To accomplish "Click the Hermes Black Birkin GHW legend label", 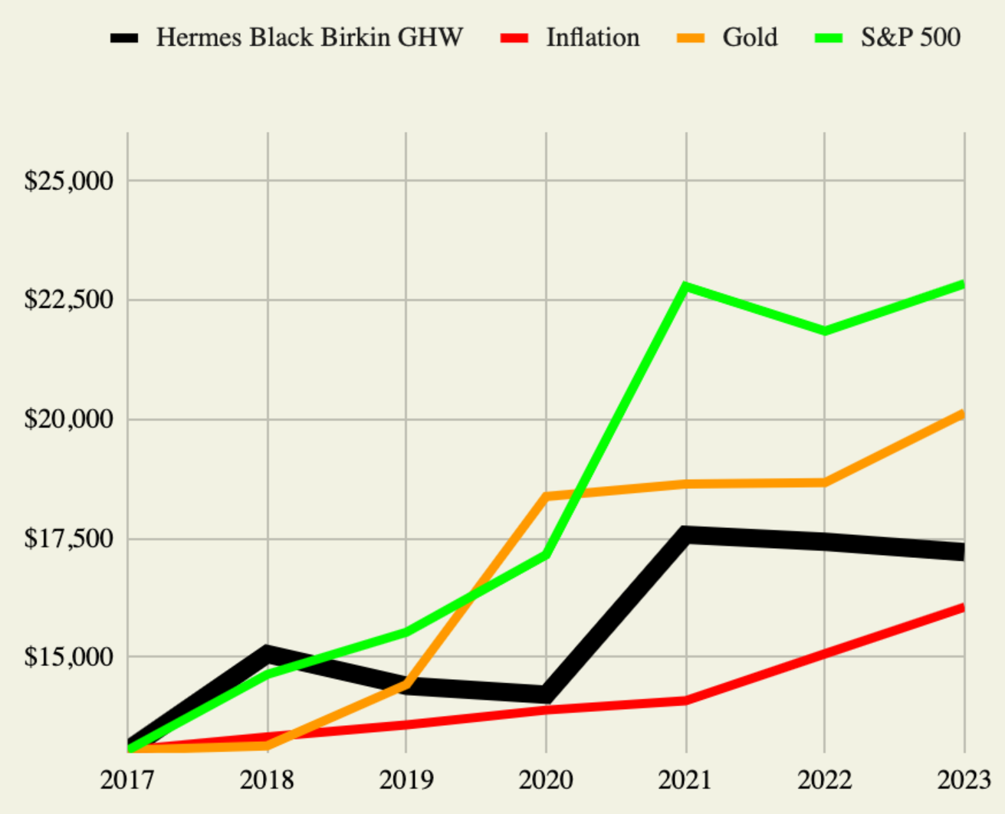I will click(309, 38).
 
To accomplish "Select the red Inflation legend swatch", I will click(514, 38).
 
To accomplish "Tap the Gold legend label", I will click(749, 38).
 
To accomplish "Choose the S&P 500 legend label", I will click(910, 38).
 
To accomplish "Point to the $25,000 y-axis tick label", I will click(69, 181).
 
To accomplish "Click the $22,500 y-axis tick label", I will click(69, 300).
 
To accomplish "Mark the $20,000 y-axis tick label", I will click(69, 419).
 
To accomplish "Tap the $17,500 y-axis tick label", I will click(69, 538).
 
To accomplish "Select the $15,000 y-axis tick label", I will click(69, 657).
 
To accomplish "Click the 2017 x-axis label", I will click(127, 780).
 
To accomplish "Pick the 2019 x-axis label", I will click(406, 780).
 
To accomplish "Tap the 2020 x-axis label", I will click(546, 780).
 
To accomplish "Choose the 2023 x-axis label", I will click(964, 780).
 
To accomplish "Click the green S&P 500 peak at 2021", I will click(685, 287).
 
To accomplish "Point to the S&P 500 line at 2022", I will click(825, 330).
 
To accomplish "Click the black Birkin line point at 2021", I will click(686, 535).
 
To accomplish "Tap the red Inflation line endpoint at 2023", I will click(963, 608).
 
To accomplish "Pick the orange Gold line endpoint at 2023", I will click(963, 415).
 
